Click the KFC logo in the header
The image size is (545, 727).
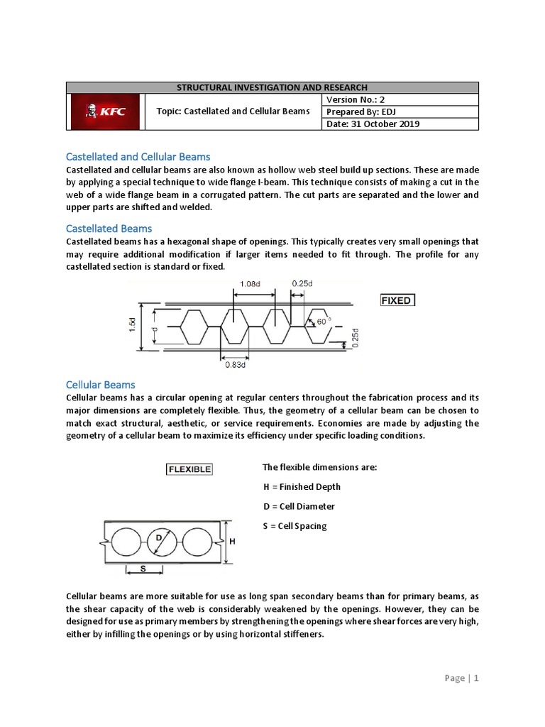click(105, 111)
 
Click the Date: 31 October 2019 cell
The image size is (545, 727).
click(373, 124)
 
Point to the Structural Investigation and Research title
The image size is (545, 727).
click(272, 87)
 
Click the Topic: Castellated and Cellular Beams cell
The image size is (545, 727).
click(233, 111)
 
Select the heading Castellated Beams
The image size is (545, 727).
click(109, 228)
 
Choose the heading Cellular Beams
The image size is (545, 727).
click(100, 385)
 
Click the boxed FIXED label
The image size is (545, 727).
click(396, 300)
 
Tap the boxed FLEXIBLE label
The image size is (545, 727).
click(188, 469)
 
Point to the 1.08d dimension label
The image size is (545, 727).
click(248, 283)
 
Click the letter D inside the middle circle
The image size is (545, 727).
click(159, 538)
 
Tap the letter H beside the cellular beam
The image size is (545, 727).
click(232, 542)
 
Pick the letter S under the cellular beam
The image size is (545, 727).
click(143, 568)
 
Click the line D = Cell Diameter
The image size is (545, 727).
click(298, 506)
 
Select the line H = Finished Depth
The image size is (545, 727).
click(301, 486)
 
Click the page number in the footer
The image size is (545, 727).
click(462, 678)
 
